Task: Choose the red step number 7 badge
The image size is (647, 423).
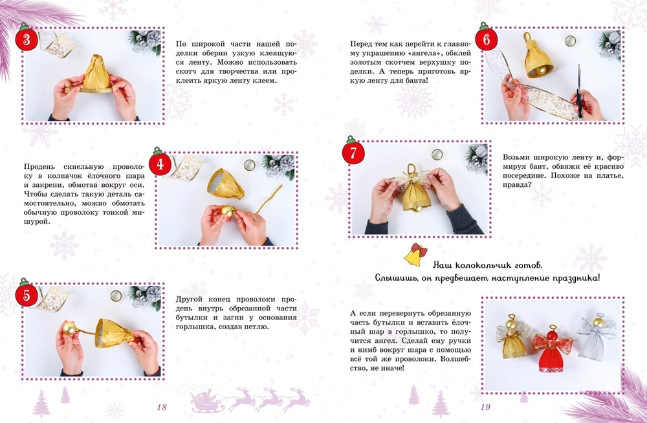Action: (x=353, y=152)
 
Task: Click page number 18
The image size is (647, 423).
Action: (x=162, y=407)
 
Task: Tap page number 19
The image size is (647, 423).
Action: (x=485, y=407)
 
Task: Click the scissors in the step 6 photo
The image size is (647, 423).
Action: (x=580, y=92)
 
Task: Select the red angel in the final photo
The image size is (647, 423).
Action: (x=551, y=348)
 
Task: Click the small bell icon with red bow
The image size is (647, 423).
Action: (x=415, y=254)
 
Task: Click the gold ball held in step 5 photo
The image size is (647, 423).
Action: (x=69, y=328)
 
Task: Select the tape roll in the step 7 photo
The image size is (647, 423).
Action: (x=437, y=155)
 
